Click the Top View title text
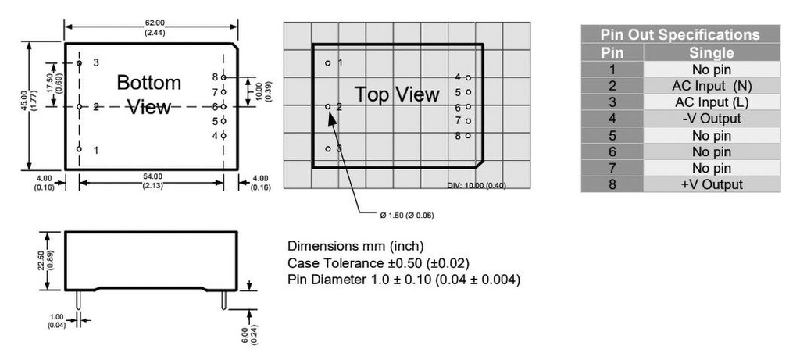point(397,94)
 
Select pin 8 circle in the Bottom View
point(223,77)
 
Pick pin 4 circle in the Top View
point(468,77)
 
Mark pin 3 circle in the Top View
point(328,148)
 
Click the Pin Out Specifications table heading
point(680,35)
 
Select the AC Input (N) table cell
point(711,86)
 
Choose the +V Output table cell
point(711,184)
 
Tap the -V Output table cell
point(711,119)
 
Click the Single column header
point(711,53)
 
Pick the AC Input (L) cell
point(711,102)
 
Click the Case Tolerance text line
point(379,262)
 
